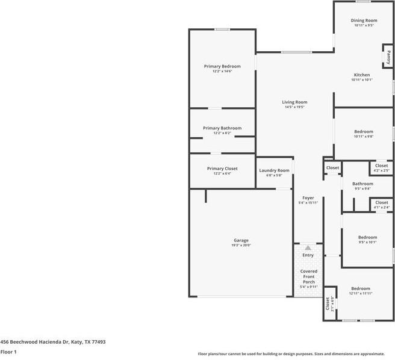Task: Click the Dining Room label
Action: coord(364,20)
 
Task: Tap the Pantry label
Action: coord(388,57)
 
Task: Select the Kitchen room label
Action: coord(362,75)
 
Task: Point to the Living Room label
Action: coord(294,102)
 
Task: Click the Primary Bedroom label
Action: coord(222,66)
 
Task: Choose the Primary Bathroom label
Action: coord(222,128)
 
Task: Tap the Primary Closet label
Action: coord(222,169)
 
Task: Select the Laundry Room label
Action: coord(275,170)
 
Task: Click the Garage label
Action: coord(241,240)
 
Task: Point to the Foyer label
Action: coord(308,197)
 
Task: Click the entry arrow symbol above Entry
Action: coord(308,247)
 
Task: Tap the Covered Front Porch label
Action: coord(308,276)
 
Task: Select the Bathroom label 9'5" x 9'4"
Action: coord(362,184)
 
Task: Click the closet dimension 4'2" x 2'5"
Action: coord(382,170)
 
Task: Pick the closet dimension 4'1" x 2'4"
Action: coord(382,208)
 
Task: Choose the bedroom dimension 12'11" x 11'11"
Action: coord(361,293)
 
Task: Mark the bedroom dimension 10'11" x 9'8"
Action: coord(364,137)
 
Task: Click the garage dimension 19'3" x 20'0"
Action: coord(241,245)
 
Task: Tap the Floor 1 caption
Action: coord(8,352)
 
